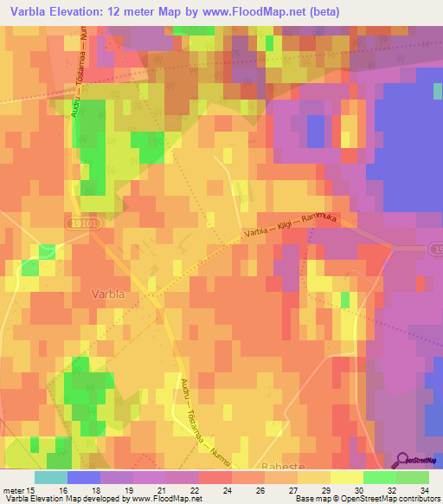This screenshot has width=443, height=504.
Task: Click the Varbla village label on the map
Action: point(112,294)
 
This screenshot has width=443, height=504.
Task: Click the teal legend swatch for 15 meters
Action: point(51,477)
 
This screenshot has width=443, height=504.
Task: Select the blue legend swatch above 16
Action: point(84,477)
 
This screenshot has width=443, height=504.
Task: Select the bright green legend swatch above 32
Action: point(379,477)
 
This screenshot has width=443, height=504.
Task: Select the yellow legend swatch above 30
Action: point(346,477)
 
